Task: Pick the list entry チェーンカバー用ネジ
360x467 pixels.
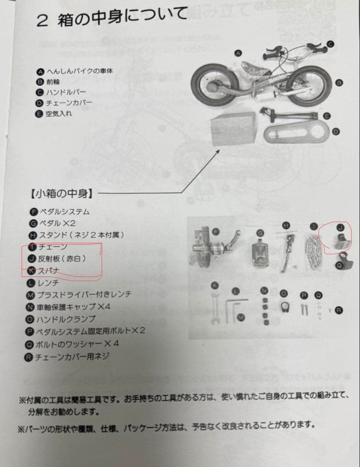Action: point(74,357)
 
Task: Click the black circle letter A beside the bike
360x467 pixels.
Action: point(238,53)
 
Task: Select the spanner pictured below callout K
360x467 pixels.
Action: point(215,307)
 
